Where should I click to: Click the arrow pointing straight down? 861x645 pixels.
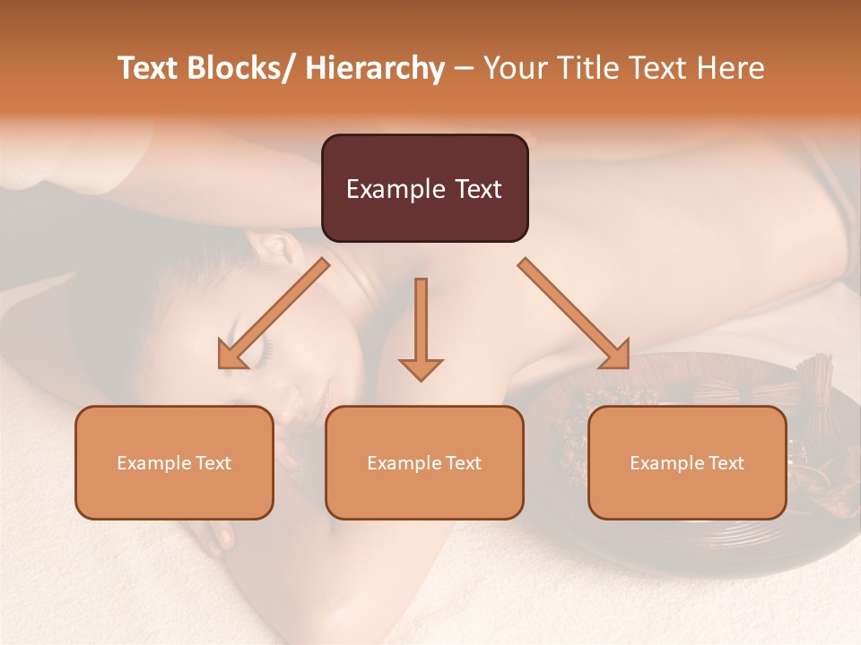[x=421, y=331]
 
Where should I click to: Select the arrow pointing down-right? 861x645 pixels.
[x=574, y=314]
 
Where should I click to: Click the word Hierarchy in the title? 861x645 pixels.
[x=375, y=68]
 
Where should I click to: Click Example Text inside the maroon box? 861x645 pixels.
[x=424, y=189]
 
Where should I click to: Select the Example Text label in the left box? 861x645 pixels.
[x=174, y=463]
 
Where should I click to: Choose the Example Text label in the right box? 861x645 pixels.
[x=687, y=463]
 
